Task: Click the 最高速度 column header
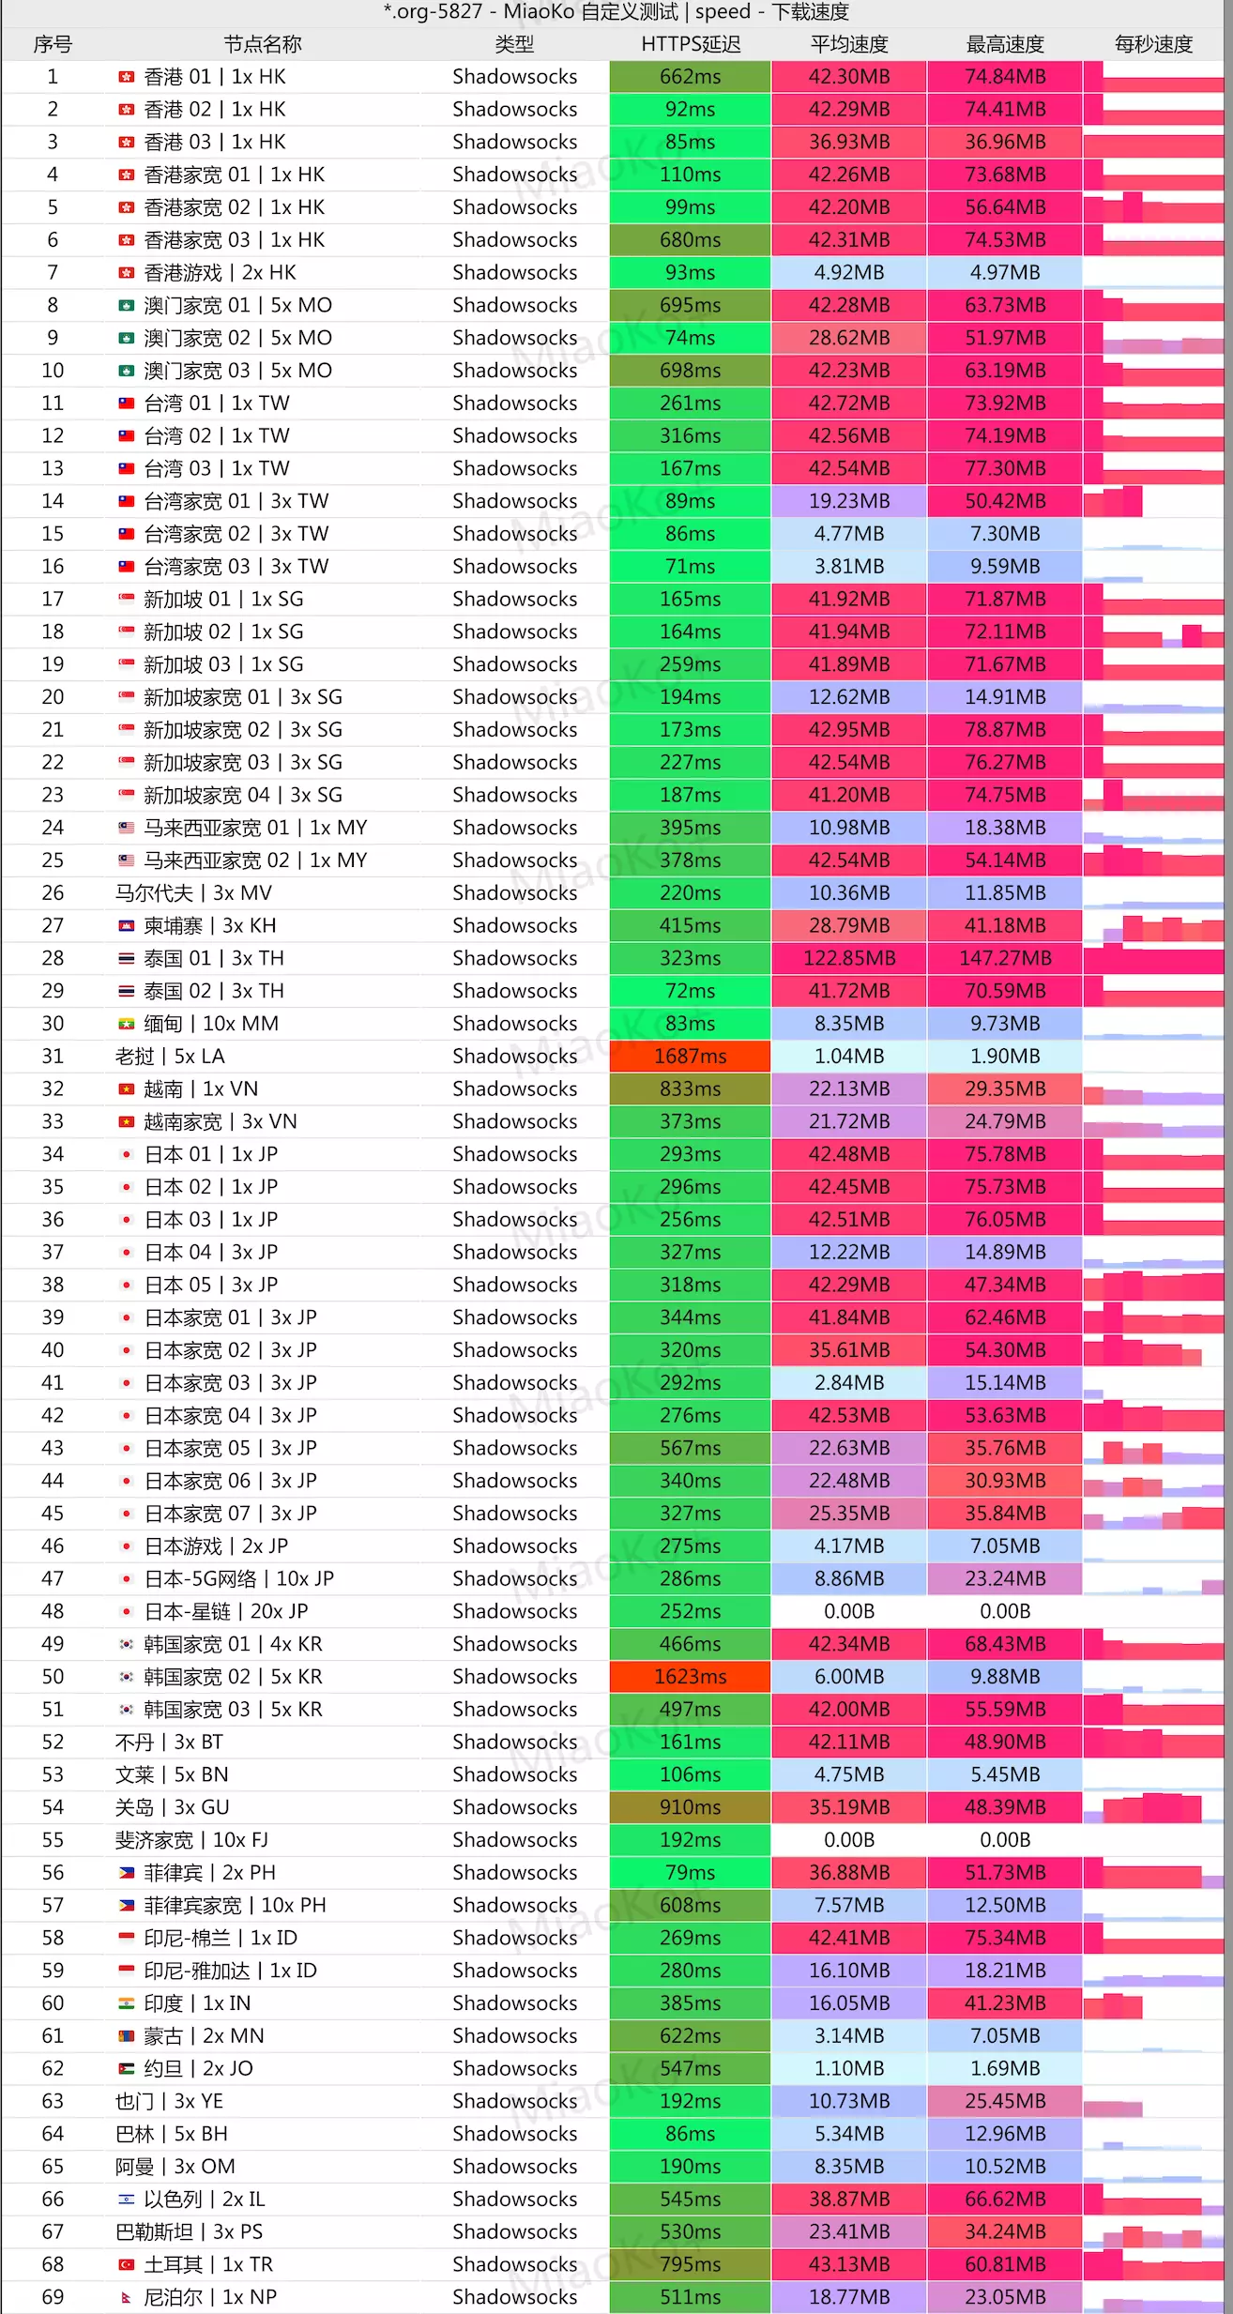coord(1004,44)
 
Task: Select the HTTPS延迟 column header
coord(690,44)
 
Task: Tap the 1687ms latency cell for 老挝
coord(690,1056)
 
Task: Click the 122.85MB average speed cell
coord(848,958)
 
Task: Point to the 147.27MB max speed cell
coord(1004,958)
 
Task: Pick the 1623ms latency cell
coord(690,1676)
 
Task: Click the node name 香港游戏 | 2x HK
coord(220,272)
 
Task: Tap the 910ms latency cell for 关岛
coord(690,1806)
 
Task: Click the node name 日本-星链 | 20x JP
coord(225,1611)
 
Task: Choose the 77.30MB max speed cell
coord(1004,468)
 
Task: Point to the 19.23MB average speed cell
coord(848,501)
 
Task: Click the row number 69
coord(53,2296)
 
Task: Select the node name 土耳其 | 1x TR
coord(208,2264)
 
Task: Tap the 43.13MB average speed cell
coord(848,2264)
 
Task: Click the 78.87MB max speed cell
coord(1004,729)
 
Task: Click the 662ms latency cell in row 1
coord(690,77)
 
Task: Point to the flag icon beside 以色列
coord(127,2199)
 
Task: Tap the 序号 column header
coord(53,44)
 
